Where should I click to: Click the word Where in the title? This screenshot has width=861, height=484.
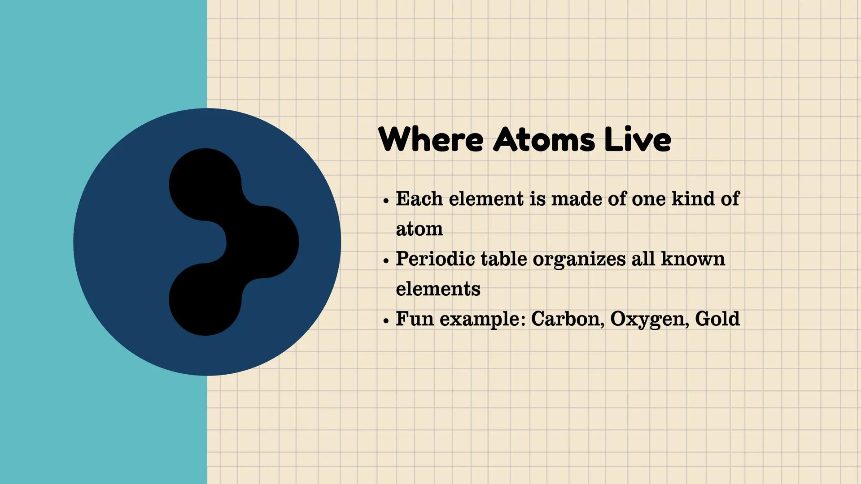tap(431, 139)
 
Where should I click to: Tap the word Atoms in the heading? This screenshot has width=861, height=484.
tap(544, 139)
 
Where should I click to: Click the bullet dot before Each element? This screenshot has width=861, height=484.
tap(386, 201)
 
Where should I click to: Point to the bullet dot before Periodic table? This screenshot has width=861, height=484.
tap(386, 261)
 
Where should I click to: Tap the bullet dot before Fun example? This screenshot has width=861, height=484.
tap(386, 321)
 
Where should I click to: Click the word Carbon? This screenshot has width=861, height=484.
tap(567, 319)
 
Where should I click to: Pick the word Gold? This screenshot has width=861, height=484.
tap(717, 319)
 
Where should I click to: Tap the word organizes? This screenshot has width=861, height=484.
tap(579, 259)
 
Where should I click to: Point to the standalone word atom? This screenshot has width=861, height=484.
tap(419, 229)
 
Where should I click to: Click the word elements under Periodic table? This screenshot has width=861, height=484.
tap(438, 289)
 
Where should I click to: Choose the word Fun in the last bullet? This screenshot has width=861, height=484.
tap(415, 319)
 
